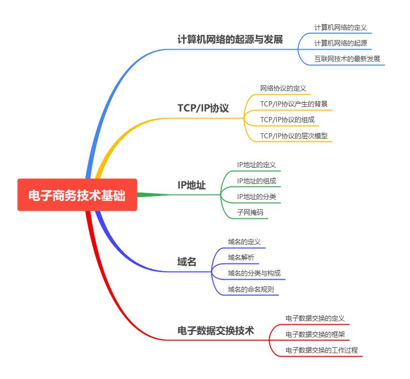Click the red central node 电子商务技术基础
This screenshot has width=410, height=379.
click(77, 195)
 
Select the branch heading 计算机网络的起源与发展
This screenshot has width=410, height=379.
click(230, 40)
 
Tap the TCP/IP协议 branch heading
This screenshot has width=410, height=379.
click(203, 108)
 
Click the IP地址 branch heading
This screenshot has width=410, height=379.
click(192, 185)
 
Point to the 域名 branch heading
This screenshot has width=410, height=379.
click(187, 262)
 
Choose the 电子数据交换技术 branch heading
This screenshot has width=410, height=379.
click(216, 330)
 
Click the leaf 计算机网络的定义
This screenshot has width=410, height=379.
click(340, 27)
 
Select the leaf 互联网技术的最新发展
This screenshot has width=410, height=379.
click(347, 59)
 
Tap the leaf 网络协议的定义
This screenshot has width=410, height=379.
click(283, 88)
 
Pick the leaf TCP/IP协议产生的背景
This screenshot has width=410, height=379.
click(294, 104)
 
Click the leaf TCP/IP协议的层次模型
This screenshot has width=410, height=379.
click(294, 135)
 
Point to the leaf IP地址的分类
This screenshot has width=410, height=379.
click(256, 197)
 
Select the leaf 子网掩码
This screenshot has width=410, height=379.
click(250, 212)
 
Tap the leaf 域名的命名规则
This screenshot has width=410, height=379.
click(251, 289)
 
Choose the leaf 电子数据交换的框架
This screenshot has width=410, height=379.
click(315, 334)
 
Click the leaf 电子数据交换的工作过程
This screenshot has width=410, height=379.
click(322, 350)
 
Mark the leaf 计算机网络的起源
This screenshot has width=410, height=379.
click(340, 43)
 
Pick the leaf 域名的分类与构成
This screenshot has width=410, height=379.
click(254, 274)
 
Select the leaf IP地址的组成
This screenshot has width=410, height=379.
click(256, 181)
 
